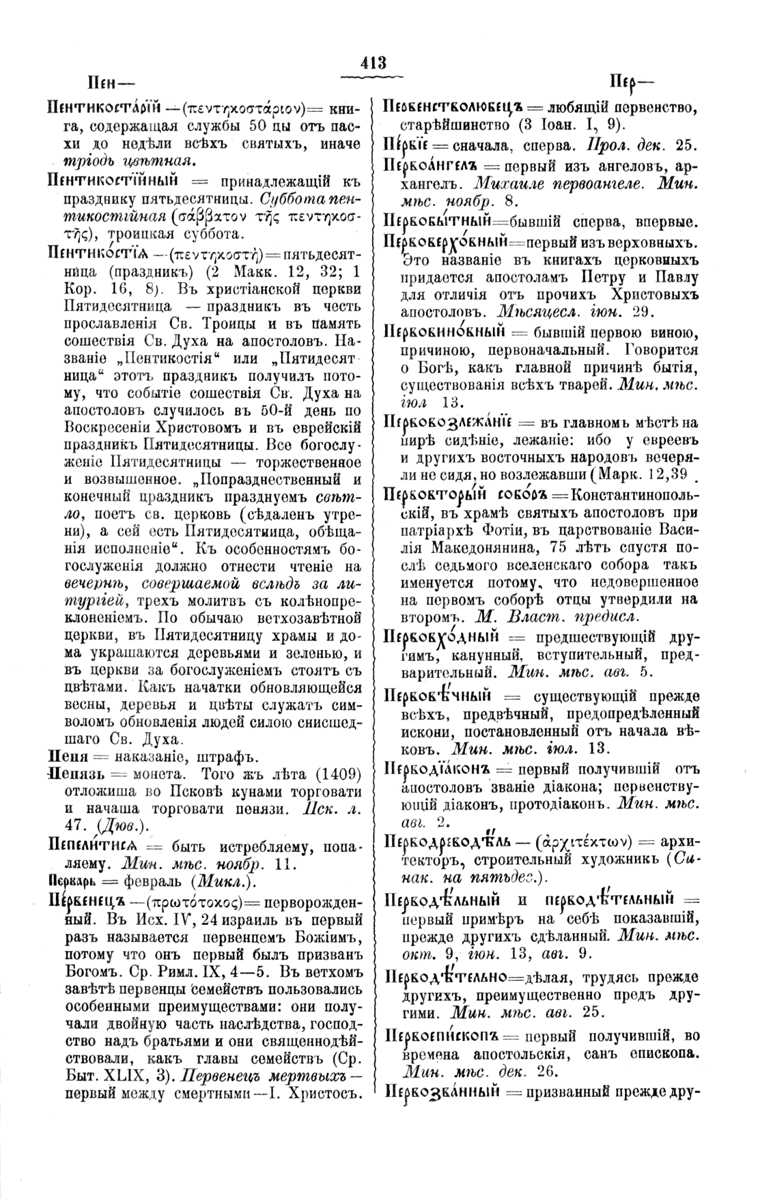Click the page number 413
[374, 63]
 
